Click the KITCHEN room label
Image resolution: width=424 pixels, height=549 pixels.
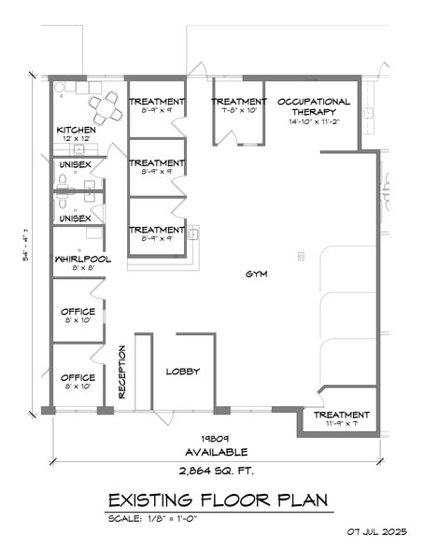[77, 130]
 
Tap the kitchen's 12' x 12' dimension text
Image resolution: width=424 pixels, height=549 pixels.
[77, 139]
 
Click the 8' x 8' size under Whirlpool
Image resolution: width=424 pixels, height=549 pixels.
[78, 269]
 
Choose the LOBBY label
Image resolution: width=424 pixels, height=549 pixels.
[183, 371]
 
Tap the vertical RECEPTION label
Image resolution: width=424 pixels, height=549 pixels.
[121, 372]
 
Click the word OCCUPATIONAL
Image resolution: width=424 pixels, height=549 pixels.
[314, 102]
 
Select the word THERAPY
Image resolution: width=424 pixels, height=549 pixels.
[314, 111]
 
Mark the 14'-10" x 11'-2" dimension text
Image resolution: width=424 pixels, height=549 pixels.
[314, 121]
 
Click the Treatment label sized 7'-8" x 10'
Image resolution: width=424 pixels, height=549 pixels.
[239, 102]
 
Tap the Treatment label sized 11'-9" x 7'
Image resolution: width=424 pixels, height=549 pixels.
[341, 415]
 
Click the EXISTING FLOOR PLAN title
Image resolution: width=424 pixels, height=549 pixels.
[219, 501]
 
